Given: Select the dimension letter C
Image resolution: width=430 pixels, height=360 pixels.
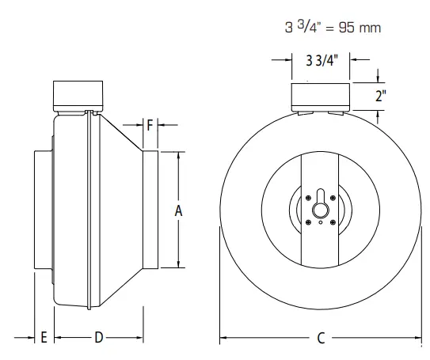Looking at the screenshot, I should point(321,338).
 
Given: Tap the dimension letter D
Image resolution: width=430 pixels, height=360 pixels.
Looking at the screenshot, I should point(99,338).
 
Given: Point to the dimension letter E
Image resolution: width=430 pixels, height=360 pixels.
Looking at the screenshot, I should point(44,338).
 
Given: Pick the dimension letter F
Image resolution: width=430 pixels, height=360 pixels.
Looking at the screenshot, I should point(151,125).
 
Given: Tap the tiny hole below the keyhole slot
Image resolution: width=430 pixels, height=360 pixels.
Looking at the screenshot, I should point(321,222).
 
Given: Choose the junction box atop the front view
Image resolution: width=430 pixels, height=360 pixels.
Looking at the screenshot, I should point(319,95).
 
